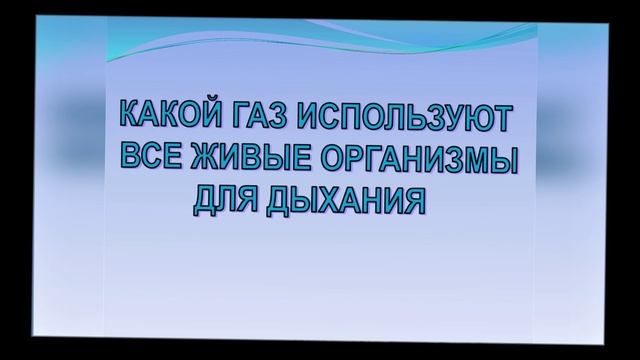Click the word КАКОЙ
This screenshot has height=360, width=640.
click(161, 116)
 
